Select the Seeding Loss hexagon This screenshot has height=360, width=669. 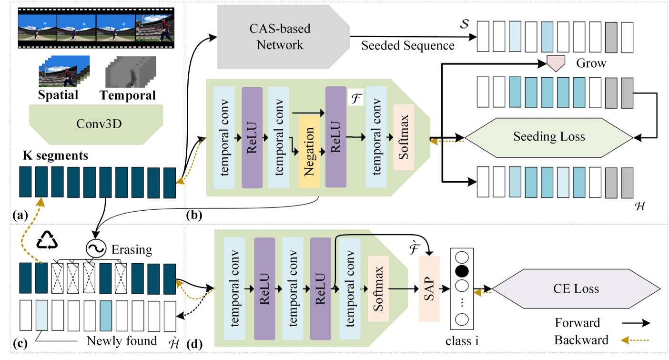coord(548,137)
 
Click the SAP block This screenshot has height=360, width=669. coord(428,288)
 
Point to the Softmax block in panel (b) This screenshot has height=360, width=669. coord(404,143)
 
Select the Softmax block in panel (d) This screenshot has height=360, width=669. coord(378,288)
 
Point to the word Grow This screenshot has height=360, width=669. coord(591,63)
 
